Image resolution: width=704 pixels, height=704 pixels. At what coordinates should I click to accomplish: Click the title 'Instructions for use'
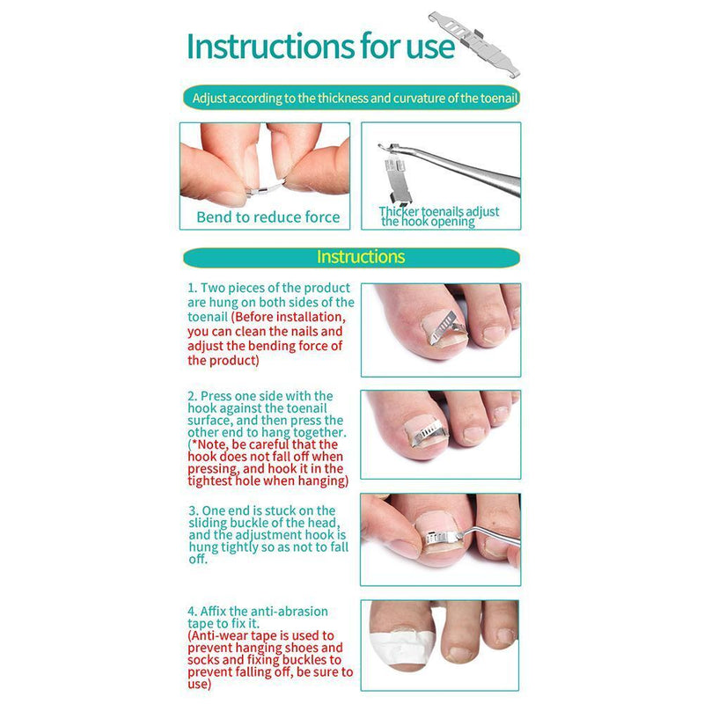point(321,45)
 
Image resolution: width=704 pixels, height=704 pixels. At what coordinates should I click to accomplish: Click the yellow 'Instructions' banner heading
point(360,257)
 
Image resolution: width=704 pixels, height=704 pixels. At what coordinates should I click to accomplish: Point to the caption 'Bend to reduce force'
point(268,216)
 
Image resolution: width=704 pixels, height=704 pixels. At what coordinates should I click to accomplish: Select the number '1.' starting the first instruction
point(193,288)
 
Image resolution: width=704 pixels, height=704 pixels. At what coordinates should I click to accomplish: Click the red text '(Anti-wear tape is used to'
point(260,634)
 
